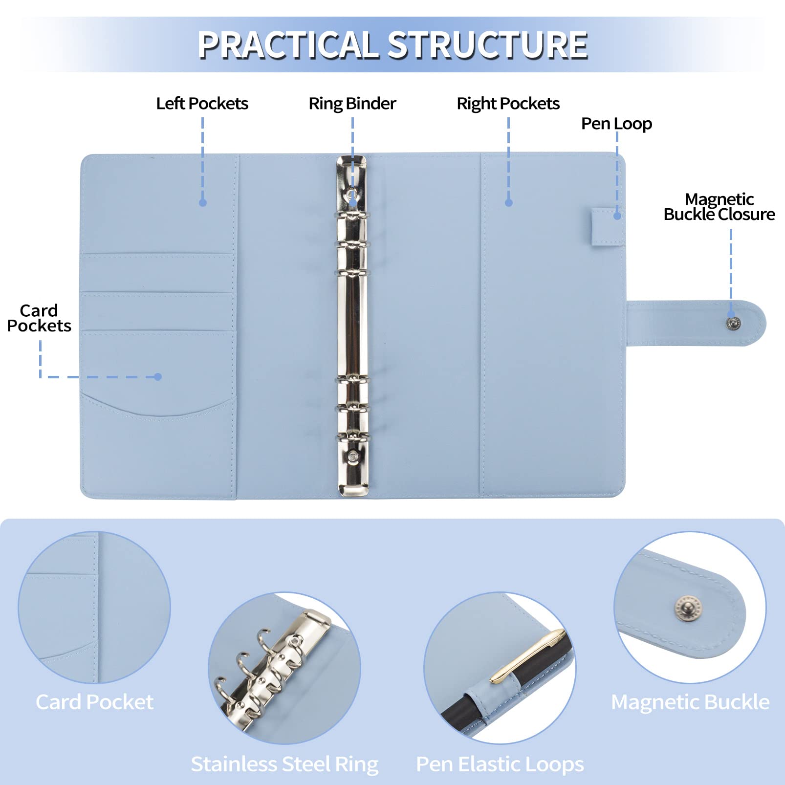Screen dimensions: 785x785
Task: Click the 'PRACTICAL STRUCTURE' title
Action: [392, 45]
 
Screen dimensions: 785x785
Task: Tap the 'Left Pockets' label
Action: [202, 104]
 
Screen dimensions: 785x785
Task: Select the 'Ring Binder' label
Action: [352, 104]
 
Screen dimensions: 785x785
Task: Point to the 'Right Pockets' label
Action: [508, 104]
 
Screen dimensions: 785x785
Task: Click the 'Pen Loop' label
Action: [616, 124]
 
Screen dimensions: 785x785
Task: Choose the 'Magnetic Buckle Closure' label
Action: [719, 207]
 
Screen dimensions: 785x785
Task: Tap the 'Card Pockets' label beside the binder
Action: [39, 318]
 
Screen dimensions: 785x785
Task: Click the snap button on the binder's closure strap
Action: [733, 323]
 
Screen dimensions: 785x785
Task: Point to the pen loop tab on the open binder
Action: [607, 226]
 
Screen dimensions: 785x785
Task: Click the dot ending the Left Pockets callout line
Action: [203, 202]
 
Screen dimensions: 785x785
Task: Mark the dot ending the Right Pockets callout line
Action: [509, 202]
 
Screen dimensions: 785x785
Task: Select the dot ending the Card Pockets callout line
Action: [157, 377]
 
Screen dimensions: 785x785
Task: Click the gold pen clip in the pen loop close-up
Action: [528, 656]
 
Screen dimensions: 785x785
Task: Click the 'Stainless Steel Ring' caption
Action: [284, 764]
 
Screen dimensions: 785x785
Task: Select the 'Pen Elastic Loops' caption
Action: [500, 764]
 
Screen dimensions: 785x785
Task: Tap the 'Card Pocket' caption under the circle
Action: [94, 702]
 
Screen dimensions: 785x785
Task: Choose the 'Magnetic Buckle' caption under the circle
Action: [690, 702]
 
